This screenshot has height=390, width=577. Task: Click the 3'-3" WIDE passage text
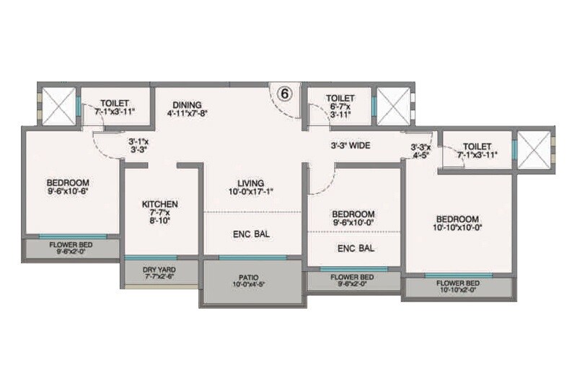(351, 146)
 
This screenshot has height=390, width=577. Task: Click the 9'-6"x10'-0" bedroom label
(353, 218)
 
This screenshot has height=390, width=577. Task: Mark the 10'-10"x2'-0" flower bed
(458, 287)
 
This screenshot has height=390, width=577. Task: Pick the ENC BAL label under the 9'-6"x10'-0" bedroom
(356, 249)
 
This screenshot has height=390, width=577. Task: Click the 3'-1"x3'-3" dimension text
(138, 146)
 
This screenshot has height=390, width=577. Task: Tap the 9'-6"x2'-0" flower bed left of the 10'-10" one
(352, 280)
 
